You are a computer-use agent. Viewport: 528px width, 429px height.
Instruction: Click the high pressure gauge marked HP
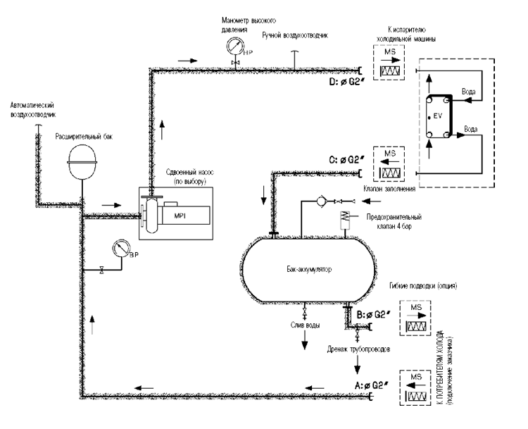tap(235, 45)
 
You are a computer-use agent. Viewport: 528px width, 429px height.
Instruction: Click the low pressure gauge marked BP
tap(121, 249)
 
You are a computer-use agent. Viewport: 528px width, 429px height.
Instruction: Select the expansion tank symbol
tap(82, 161)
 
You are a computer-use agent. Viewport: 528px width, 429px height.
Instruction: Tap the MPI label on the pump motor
tap(180, 216)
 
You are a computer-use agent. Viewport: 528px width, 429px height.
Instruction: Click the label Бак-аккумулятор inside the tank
tap(309, 269)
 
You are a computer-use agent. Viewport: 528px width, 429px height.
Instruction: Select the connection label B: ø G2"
tap(373, 315)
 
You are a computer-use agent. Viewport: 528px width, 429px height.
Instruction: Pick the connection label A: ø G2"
tap(372, 385)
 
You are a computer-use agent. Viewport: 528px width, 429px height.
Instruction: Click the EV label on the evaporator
tap(437, 116)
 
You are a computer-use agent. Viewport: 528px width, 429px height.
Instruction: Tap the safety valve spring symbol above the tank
tap(344, 216)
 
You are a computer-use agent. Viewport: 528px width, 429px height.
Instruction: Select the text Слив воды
tap(305, 325)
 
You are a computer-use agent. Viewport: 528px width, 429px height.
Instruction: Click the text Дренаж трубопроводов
tap(358, 349)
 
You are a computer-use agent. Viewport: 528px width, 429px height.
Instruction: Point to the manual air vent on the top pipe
tap(295, 61)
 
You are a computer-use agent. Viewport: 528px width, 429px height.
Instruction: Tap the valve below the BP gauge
tap(101, 270)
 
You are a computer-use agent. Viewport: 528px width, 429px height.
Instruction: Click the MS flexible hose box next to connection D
tap(389, 63)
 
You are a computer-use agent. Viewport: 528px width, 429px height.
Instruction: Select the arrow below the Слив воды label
tap(305, 340)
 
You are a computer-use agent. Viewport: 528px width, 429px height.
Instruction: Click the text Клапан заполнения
tap(389, 189)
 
